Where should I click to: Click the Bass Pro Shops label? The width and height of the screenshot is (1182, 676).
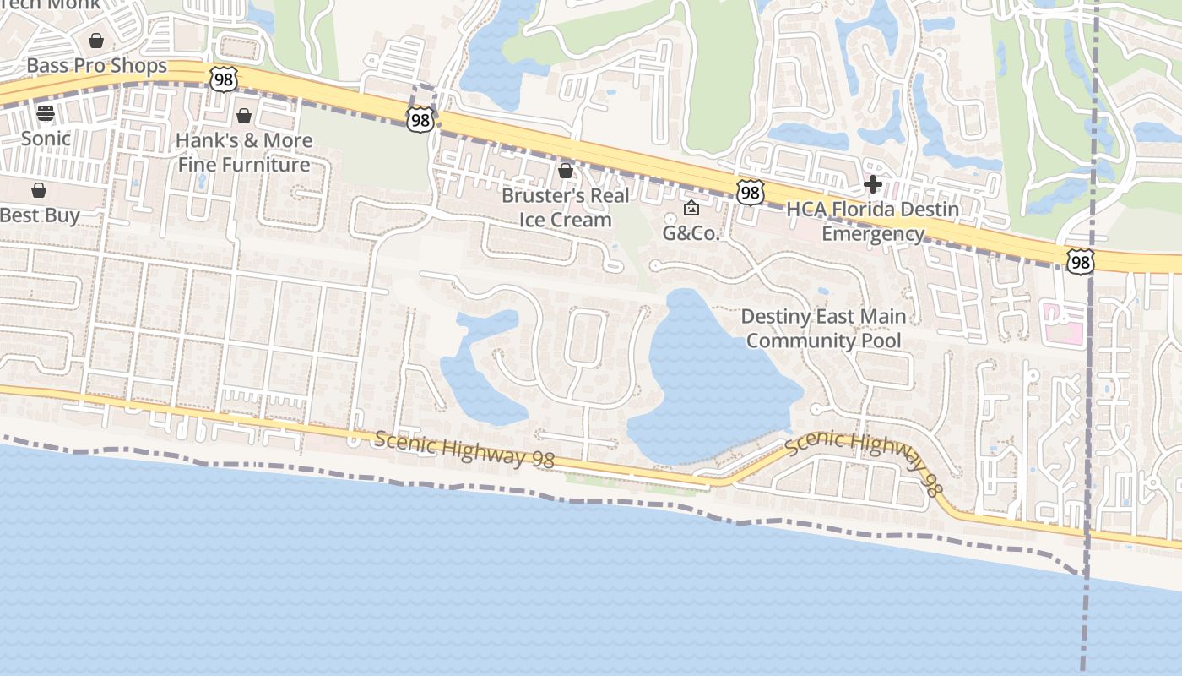(96, 66)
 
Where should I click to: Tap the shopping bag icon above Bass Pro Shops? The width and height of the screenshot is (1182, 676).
(96, 41)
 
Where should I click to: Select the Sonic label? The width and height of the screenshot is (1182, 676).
(46, 138)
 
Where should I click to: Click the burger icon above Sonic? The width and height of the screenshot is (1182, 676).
(46, 113)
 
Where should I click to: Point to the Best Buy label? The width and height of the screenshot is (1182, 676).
(40, 215)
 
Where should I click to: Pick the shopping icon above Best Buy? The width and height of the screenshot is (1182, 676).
(39, 190)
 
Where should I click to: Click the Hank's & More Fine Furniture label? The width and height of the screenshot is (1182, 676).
(244, 152)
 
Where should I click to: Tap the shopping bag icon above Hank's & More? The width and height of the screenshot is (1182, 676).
(244, 116)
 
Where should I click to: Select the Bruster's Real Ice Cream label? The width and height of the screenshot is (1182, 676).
(565, 207)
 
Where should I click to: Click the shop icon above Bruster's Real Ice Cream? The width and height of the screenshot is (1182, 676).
(566, 172)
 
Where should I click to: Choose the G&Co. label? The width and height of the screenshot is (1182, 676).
(691, 233)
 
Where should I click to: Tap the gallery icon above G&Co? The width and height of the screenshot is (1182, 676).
(691, 208)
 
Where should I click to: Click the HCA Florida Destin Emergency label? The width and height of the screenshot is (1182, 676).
(873, 221)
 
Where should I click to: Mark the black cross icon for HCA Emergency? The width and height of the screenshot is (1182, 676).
(873, 184)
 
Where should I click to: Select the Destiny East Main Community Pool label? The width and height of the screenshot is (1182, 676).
(823, 329)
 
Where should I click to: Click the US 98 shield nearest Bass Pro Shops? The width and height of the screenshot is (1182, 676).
(223, 79)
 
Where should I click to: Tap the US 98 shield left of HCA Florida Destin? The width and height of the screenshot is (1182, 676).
(750, 193)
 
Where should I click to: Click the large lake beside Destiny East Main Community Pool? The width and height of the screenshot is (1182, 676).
(709, 380)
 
